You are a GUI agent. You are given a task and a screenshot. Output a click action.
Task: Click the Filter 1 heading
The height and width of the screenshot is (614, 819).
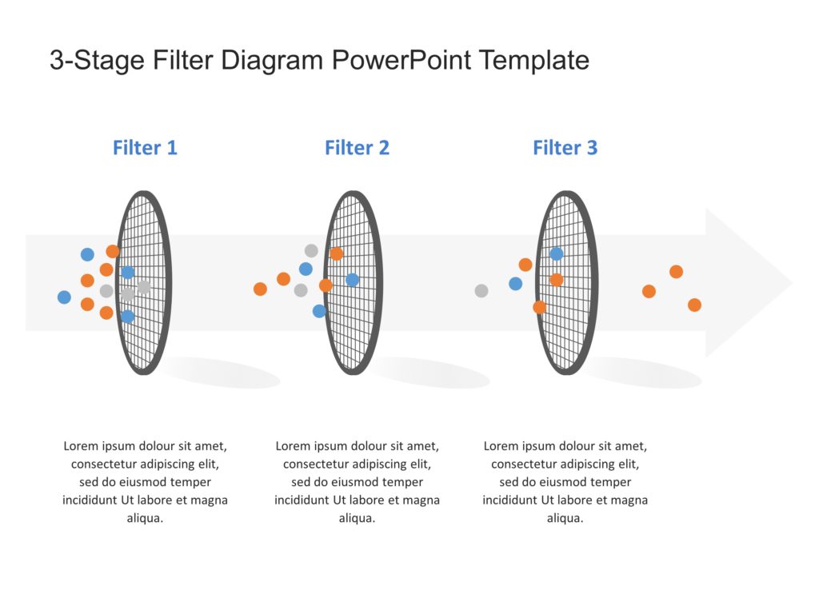pos(145,148)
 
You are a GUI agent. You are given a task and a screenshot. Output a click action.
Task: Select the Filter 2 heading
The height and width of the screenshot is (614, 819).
pos(357,148)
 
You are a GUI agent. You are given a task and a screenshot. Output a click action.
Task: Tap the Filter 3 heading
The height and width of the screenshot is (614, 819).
pos(565,148)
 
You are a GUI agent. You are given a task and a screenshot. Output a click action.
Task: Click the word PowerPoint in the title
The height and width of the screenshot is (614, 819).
pos(402,60)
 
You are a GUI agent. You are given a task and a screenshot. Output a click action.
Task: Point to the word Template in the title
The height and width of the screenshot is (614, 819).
pos(534,60)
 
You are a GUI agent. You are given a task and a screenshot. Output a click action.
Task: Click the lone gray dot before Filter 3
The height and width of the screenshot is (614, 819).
pos(481,291)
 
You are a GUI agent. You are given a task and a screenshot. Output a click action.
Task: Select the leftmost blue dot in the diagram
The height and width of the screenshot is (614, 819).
pos(64,297)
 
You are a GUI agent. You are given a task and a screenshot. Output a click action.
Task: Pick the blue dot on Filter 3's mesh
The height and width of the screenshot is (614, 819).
pos(556,254)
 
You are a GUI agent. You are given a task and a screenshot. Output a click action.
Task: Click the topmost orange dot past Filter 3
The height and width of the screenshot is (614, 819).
pos(676,272)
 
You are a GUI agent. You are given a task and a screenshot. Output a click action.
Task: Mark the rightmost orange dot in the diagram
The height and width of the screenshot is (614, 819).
pos(694,305)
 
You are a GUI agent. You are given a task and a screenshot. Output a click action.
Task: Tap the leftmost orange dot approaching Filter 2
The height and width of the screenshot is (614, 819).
pos(260,289)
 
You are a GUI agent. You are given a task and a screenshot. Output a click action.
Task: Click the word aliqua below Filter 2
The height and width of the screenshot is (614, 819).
pos(357,518)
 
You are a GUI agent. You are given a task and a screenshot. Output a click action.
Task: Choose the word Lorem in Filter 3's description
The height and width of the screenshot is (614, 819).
pos(501,446)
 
